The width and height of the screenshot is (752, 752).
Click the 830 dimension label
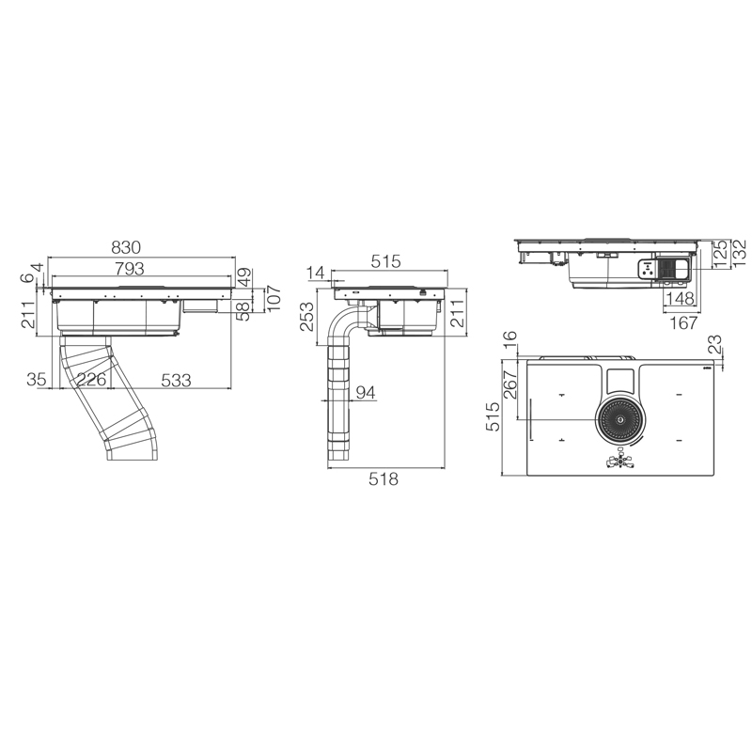click(x=126, y=247)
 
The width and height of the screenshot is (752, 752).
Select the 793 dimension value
click(x=130, y=269)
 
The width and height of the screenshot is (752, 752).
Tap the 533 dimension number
click(x=176, y=381)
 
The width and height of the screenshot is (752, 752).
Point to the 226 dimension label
click(x=91, y=380)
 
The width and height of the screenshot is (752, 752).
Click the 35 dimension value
click(x=37, y=380)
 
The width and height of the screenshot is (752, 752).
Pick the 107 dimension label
click(x=274, y=298)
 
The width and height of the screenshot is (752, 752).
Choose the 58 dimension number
click(x=243, y=311)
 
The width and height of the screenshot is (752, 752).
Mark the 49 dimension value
click(x=243, y=277)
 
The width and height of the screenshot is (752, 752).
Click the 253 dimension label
click(x=307, y=316)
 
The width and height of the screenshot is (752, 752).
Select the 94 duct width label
click(x=366, y=393)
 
